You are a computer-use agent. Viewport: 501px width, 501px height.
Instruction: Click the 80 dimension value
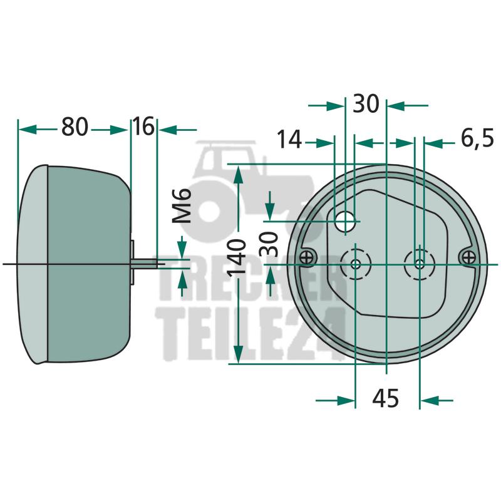(x=74, y=127)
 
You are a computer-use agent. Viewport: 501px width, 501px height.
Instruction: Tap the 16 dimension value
(x=143, y=127)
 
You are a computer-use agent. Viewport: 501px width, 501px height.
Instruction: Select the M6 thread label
(x=182, y=206)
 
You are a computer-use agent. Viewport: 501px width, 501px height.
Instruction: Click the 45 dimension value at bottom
(x=386, y=398)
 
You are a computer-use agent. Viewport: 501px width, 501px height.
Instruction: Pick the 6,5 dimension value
(x=477, y=139)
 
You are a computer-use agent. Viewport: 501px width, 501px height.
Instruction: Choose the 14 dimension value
(x=289, y=139)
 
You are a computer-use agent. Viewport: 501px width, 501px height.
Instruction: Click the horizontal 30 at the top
(x=366, y=103)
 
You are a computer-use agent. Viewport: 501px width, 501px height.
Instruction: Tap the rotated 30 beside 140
(x=269, y=244)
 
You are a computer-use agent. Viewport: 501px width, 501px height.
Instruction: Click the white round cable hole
(x=345, y=222)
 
